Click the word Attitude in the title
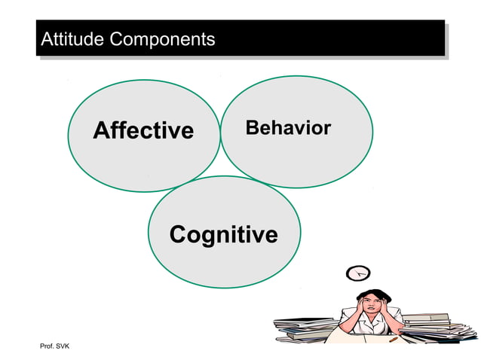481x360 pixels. coord(72,38)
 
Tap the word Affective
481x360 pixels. coord(143,131)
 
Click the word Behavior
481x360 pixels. coord(288,128)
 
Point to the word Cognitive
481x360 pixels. coord(223,235)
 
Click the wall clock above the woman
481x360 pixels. coord(357,273)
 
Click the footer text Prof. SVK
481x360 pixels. coord(54,346)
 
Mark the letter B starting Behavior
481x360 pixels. coord(252,128)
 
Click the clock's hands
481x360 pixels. coord(359,273)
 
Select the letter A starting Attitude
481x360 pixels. coord(46,38)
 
